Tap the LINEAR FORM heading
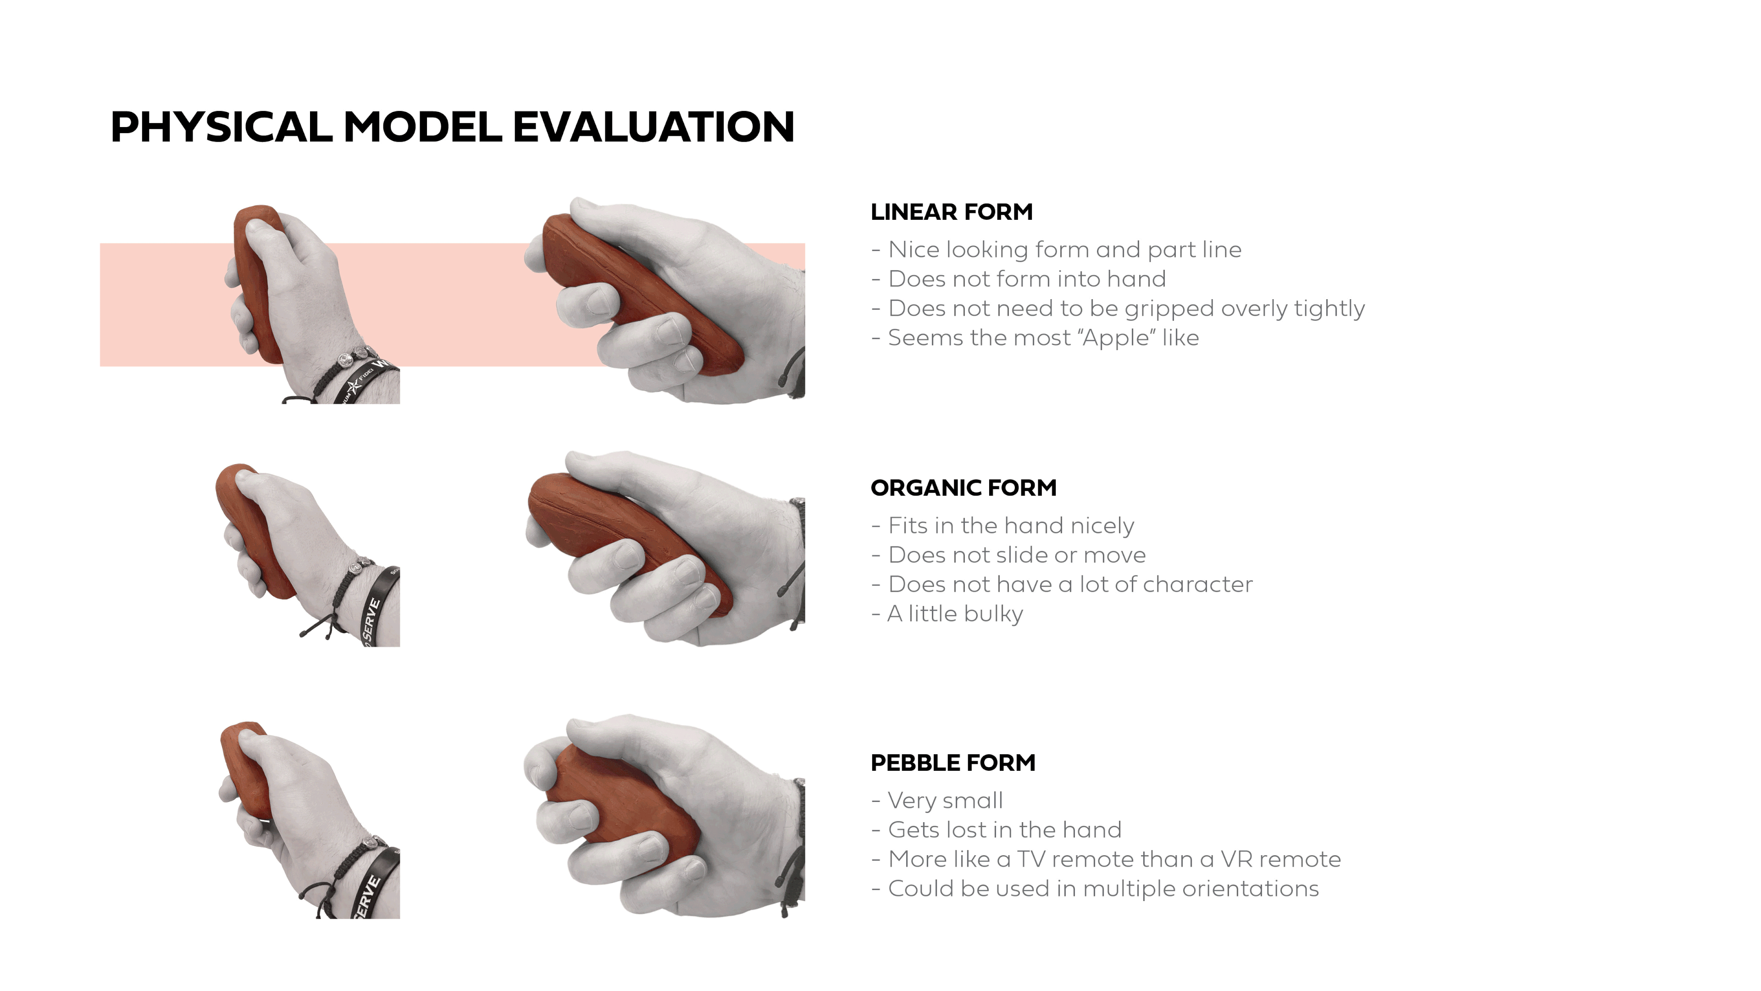click(951, 212)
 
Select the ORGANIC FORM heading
click(963, 488)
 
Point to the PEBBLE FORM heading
click(952, 763)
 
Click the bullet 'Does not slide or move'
click(1017, 555)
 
